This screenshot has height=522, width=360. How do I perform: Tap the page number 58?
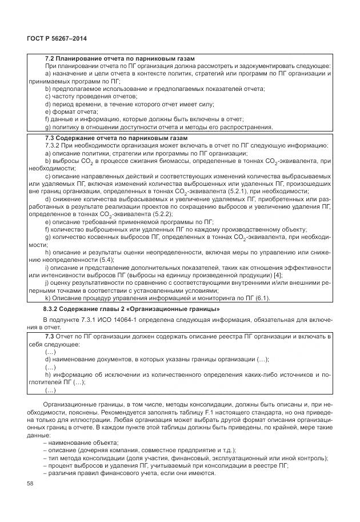(x=31, y=484)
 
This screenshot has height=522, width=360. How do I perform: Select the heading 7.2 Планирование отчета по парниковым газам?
(x=120, y=59)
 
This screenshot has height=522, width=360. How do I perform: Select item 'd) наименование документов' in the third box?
(x=157, y=360)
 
